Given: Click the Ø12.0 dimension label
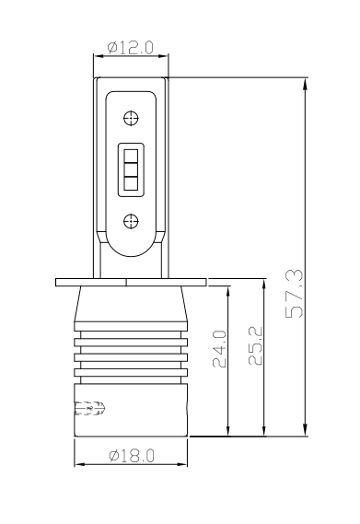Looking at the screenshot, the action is click(x=131, y=48).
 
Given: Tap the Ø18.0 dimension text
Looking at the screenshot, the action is click(x=132, y=456).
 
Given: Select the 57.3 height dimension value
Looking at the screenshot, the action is click(x=295, y=294).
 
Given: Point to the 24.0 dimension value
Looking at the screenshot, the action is click(x=219, y=349).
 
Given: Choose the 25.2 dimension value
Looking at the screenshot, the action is click(x=256, y=345).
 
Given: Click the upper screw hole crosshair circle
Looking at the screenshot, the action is click(x=131, y=118).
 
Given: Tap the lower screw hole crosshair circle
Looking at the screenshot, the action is click(x=131, y=221).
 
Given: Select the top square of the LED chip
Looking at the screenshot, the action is click(x=131, y=156).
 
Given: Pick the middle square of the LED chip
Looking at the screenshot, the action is click(x=131, y=169).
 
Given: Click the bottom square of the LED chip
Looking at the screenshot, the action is click(x=131, y=183).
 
